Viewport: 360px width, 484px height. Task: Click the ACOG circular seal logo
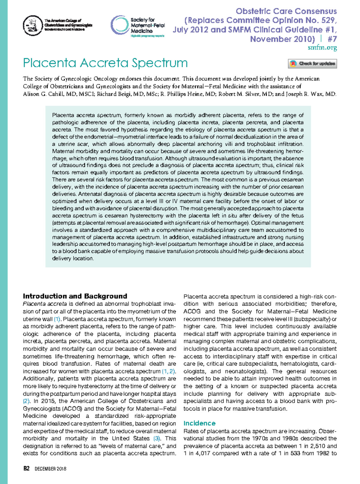click(33, 26)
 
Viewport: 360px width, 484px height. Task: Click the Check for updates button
click(312, 64)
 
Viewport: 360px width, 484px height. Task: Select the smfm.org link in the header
click(322, 47)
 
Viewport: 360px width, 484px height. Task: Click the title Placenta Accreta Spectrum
click(105, 63)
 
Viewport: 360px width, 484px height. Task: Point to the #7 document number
click(332, 39)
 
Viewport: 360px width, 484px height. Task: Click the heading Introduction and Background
click(75, 296)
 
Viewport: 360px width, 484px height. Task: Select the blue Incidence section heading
click(199, 423)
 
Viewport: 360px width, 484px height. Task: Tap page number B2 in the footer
click(26, 469)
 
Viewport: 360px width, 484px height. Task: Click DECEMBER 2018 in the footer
click(50, 469)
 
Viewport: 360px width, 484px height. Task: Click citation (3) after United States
click(157, 438)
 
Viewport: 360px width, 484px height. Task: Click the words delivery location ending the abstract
click(72, 258)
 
